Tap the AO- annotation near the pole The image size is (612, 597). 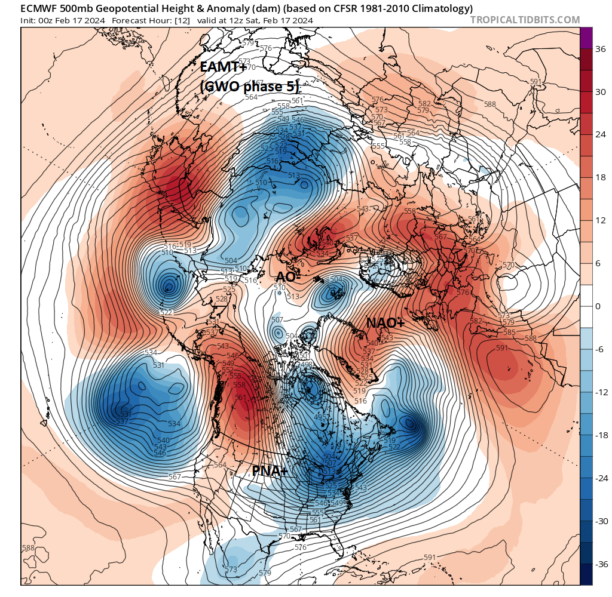pos(288,277)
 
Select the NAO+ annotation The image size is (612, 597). pos(385,323)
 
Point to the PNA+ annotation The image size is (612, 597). pos(270,471)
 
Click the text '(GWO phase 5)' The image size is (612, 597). pos(249,87)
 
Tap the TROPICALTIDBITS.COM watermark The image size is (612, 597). pos(525,20)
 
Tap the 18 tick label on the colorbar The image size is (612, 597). pos(599,178)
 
